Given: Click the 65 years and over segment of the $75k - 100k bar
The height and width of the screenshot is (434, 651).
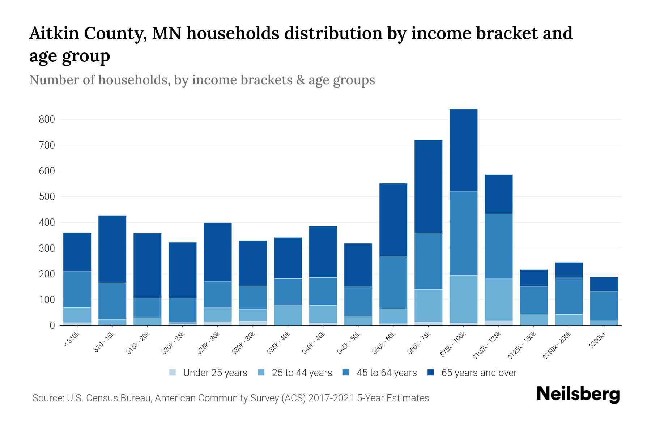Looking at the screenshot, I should (463, 150).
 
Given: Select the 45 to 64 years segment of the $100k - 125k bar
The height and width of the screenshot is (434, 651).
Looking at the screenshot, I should (498, 246).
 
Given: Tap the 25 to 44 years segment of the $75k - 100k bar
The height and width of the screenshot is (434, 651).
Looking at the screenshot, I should (463, 299).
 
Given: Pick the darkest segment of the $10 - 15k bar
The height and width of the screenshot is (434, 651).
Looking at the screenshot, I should (112, 249).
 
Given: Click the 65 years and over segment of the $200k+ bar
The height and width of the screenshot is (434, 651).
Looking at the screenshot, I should (604, 284).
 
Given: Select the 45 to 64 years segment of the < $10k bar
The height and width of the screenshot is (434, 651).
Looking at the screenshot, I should (77, 289).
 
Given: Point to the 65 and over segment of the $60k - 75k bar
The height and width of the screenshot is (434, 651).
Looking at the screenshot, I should (428, 186).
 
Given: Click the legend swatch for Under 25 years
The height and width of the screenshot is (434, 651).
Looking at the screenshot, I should (173, 373).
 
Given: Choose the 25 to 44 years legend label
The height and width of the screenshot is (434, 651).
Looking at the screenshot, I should (302, 373).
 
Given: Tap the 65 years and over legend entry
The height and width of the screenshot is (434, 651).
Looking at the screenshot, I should (478, 373).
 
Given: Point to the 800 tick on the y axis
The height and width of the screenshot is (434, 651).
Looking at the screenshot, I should (47, 119).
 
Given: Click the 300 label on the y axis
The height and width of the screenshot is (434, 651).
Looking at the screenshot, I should (47, 248).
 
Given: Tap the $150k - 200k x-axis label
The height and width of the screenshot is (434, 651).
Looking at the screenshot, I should (557, 346).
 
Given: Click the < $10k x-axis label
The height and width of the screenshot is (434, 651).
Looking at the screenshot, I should (72, 340).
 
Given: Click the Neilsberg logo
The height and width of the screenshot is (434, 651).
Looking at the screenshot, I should (578, 394).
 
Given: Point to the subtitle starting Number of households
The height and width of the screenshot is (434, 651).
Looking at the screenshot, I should (202, 80).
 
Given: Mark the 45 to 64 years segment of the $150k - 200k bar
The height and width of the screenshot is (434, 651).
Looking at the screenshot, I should (569, 296).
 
